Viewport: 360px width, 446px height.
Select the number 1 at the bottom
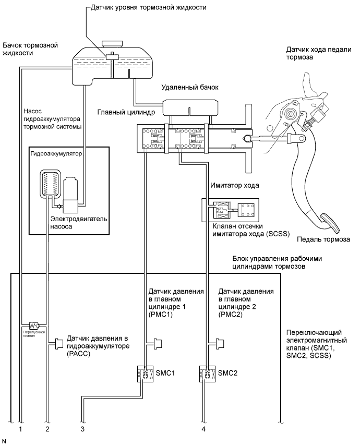coord(20,429)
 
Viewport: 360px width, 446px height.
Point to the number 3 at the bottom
coord(82,429)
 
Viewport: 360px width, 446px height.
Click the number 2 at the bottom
coord(47,429)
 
